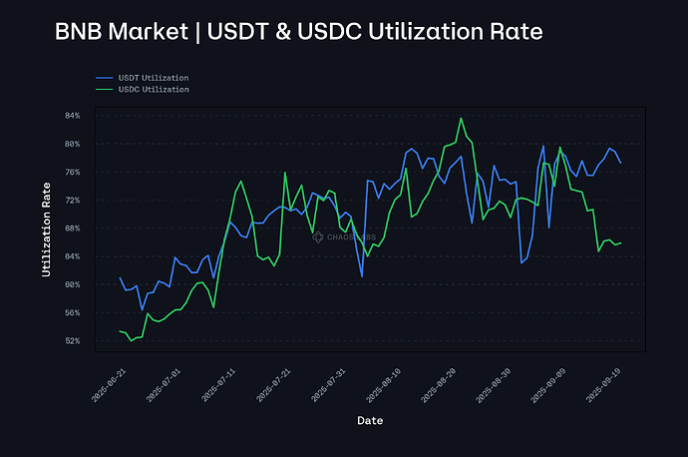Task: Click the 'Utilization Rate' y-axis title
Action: coord(46,228)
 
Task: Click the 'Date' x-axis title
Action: coord(370,421)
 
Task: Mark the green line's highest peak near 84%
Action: coord(461,118)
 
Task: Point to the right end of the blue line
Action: coord(620,163)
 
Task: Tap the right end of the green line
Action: coord(620,242)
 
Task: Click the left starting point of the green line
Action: coord(120,331)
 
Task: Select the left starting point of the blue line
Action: coord(120,277)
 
